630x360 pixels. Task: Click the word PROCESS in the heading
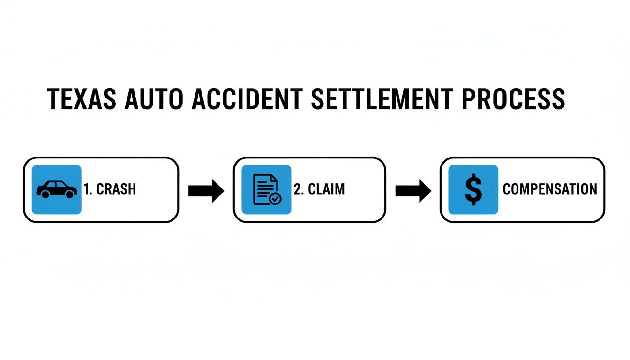coord(513,99)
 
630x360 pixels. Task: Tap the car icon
coord(57,189)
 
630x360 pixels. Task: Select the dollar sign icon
coord(473,189)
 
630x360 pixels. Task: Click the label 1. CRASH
coord(110,189)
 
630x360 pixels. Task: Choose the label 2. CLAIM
coord(319,189)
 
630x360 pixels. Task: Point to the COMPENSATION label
coord(550,189)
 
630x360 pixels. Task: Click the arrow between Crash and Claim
coord(206,190)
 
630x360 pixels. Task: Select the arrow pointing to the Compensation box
coord(413,190)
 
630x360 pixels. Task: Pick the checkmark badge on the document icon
coord(275,199)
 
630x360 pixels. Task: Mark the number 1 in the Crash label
coord(87,189)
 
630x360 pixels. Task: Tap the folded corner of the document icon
coord(274,178)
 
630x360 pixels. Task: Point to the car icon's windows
coord(57,186)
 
